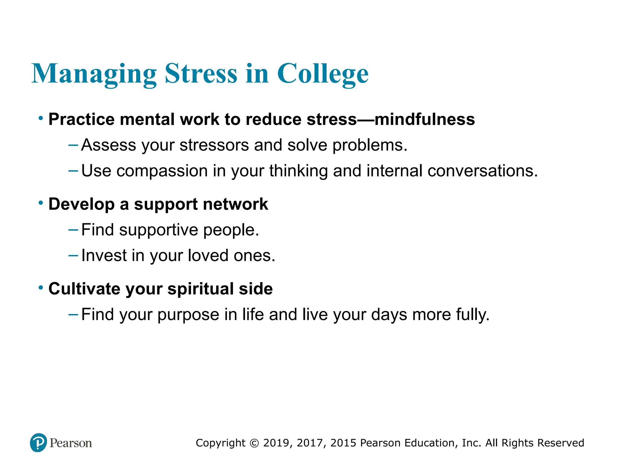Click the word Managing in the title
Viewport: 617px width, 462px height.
94,74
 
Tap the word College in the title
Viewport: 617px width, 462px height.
323,74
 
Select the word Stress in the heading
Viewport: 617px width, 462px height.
201,74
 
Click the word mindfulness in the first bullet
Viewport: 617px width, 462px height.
424,119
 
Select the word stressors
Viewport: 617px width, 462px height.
214,145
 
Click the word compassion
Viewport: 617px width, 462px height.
162,171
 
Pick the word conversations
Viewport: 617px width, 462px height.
482,171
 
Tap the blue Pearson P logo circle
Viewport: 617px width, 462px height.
39,442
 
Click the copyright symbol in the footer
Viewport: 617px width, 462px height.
254,443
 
